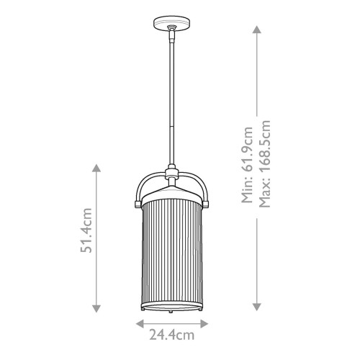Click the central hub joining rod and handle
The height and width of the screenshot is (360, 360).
coord(174,173)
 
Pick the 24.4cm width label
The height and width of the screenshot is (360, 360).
coord(174,335)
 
